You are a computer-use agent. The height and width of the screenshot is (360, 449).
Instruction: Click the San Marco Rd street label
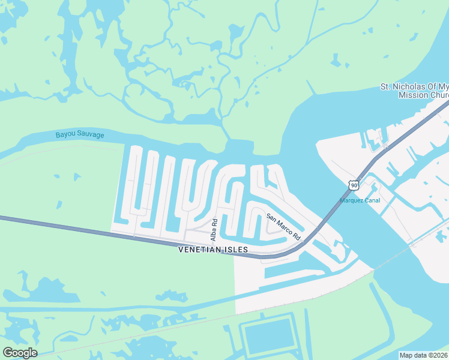(x=283, y=227)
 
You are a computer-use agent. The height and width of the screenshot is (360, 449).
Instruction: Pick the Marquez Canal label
(x=361, y=200)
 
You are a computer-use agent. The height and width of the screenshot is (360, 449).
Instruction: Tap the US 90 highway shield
(x=354, y=186)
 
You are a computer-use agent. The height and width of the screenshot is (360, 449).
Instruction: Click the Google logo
(x=20, y=353)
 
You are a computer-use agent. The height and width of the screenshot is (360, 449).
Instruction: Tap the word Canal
(x=373, y=200)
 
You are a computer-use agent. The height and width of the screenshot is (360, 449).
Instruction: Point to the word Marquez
(x=352, y=200)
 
